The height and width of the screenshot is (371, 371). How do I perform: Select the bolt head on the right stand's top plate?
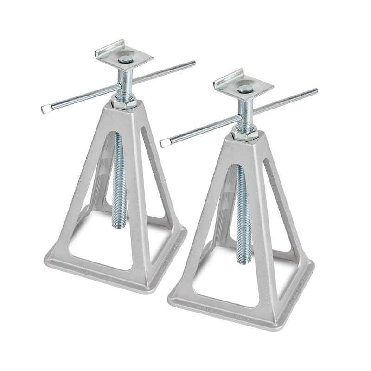(x=244, y=87)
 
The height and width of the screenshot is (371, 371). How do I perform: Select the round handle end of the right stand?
(x=315, y=90)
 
